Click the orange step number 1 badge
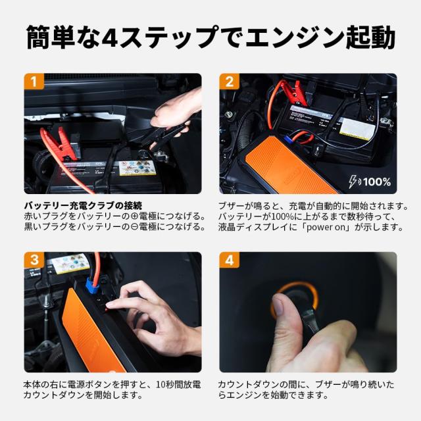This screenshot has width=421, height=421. (34, 82)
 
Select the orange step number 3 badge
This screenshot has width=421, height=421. (34, 260)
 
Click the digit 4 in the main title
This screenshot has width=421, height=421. (103, 37)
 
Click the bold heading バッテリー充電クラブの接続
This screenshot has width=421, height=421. (82, 205)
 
